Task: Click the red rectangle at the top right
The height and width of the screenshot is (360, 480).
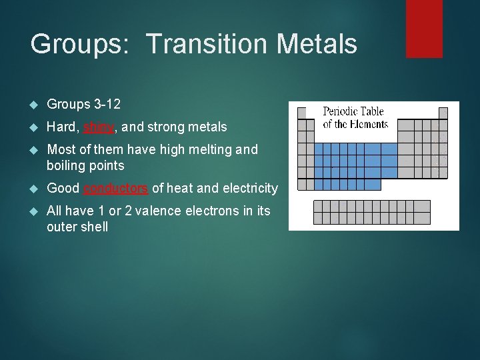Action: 424,28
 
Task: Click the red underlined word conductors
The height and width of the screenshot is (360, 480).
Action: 116,188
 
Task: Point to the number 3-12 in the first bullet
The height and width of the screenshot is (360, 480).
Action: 107,104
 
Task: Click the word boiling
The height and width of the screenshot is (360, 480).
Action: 67,165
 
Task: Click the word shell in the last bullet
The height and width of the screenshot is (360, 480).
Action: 94,227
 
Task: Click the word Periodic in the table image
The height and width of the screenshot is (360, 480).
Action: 341,112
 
